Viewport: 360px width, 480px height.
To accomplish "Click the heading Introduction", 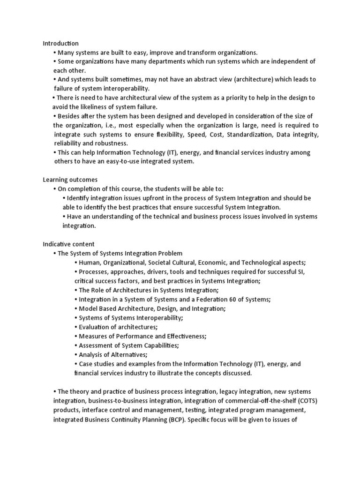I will coord(61,44).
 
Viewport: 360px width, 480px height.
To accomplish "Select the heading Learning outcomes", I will coord(70,180).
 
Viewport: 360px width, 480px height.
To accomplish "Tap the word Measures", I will coord(93,336).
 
